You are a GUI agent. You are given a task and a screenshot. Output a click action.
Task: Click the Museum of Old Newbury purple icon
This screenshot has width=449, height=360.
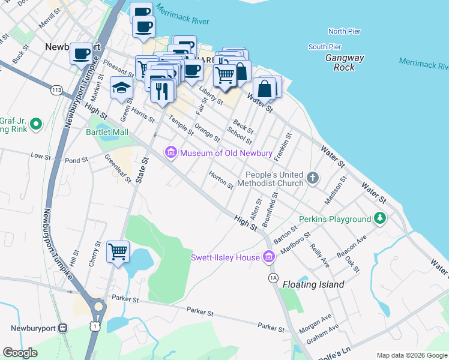(x=171, y=153)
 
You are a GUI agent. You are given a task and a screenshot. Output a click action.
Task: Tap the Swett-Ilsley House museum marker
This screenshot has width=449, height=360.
(x=268, y=257)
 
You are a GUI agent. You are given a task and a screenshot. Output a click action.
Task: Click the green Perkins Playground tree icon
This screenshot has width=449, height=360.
(x=379, y=219)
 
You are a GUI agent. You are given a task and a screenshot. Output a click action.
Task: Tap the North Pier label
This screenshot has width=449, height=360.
(x=344, y=31)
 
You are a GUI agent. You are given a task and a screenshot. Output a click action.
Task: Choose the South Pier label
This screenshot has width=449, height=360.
(x=325, y=47)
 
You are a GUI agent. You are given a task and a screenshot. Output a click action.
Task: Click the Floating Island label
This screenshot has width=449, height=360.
(x=313, y=284)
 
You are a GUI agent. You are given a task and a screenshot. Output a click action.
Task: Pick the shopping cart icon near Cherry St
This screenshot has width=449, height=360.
(x=118, y=251)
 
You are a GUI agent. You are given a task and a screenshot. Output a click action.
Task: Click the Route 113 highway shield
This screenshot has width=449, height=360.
(x=57, y=90)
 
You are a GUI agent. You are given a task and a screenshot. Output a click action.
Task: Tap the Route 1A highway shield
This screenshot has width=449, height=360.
(x=274, y=277)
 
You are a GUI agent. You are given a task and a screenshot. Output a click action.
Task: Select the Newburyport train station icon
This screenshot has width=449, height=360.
(x=62, y=328)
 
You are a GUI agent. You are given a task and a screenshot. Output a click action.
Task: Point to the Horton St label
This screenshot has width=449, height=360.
(x=221, y=180)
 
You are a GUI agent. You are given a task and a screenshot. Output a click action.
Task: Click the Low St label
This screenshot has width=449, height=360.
(x=41, y=155)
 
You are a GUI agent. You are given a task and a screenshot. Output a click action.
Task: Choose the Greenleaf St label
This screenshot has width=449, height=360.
(x=118, y=169)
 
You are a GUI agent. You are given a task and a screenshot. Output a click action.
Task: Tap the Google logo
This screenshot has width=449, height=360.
(x=20, y=353)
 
